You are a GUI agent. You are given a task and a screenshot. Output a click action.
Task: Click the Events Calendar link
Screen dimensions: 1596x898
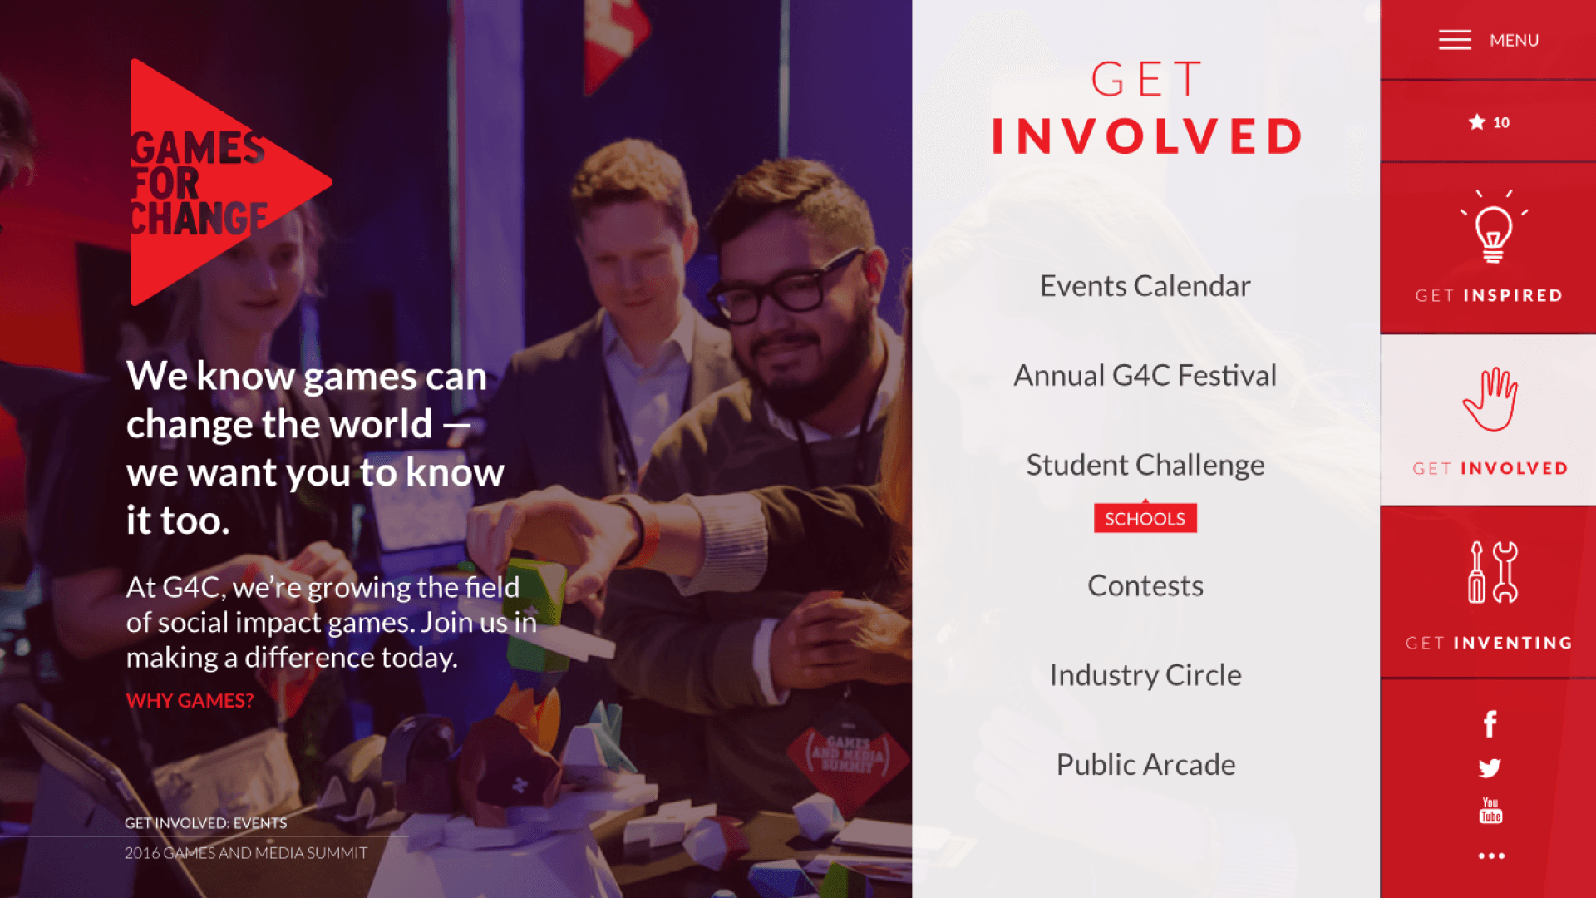[x=1145, y=286]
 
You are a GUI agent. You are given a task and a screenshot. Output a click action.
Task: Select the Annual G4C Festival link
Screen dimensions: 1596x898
[x=1145, y=376]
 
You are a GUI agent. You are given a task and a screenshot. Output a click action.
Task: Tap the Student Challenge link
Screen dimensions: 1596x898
[x=1145, y=465]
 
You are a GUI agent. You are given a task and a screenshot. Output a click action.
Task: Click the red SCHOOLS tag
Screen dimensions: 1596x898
[x=1145, y=518]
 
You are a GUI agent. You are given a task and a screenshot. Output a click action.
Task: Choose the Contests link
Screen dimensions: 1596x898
[x=1145, y=585]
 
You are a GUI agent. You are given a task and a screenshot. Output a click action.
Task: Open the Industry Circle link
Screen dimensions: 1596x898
[x=1145, y=675]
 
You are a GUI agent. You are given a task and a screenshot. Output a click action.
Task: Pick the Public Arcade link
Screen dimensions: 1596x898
[x=1145, y=764]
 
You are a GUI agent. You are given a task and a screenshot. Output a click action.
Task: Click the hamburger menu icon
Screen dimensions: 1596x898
[x=1455, y=40]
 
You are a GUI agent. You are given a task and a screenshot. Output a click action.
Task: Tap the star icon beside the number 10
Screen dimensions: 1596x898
[x=1476, y=122]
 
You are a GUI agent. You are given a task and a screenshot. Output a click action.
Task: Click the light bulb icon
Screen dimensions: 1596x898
[x=1493, y=227]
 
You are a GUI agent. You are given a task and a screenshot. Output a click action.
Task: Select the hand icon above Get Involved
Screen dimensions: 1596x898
[x=1490, y=399]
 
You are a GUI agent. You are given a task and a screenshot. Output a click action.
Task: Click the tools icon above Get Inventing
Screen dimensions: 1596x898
[x=1492, y=572]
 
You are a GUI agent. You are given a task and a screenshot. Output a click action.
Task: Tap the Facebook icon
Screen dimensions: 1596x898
[x=1490, y=724]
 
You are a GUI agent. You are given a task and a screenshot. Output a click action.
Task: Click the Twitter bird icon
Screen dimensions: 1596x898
[x=1490, y=768]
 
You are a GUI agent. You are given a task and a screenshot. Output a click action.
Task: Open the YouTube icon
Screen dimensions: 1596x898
[x=1490, y=811]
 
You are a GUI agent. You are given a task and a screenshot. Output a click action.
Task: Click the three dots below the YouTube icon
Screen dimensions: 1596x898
[x=1491, y=856]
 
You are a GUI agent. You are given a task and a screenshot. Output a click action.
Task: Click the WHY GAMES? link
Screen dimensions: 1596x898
[x=190, y=700]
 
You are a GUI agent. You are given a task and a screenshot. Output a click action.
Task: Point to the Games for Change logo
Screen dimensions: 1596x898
[x=231, y=182]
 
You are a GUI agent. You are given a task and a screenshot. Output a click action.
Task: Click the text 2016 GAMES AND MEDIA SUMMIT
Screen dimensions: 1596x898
[x=246, y=853]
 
